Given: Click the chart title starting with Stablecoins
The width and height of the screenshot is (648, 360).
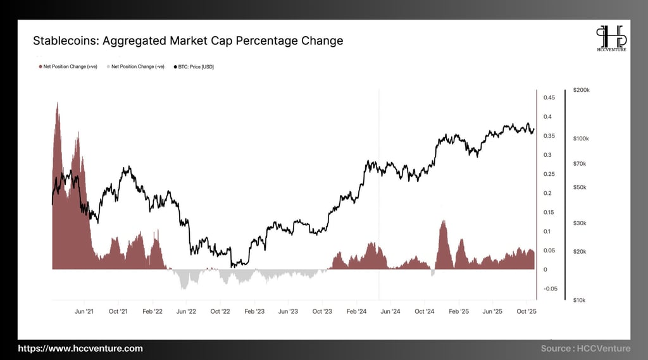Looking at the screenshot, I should pyautogui.click(x=188, y=41).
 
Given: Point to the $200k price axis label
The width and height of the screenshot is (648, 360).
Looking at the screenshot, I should pyautogui.click(x=581, y=90).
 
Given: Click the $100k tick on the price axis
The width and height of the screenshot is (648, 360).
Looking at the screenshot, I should pyautogui.click(x=581, y=139).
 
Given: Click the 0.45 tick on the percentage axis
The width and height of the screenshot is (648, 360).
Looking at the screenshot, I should pyautogui.click(x=549, y=97).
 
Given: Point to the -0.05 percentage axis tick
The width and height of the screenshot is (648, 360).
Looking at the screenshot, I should pyautogui.click(x=550, y=289).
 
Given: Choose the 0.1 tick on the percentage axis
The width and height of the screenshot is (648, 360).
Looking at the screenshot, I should pyautogui.click(x=547, y=232).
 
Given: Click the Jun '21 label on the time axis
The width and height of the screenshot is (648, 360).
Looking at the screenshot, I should pyautogui.click(x=84, y=311).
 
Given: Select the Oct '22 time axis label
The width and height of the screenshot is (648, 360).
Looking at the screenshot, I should pyautogui.click(x=220, y=311).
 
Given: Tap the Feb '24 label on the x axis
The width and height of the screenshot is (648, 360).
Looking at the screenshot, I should pyautogui.click(x=356, y=311).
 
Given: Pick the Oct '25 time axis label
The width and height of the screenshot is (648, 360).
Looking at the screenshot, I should pyautogui.click(x=526, y=311).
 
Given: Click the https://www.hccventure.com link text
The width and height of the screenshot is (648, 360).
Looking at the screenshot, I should pyautogui.click(x=80, y=349).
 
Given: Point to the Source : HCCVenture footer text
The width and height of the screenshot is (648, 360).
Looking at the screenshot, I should pyautogui.click(x=585, y=349).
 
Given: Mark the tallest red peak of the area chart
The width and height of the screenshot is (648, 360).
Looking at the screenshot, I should pyautogui.click(x=58, y=103).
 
